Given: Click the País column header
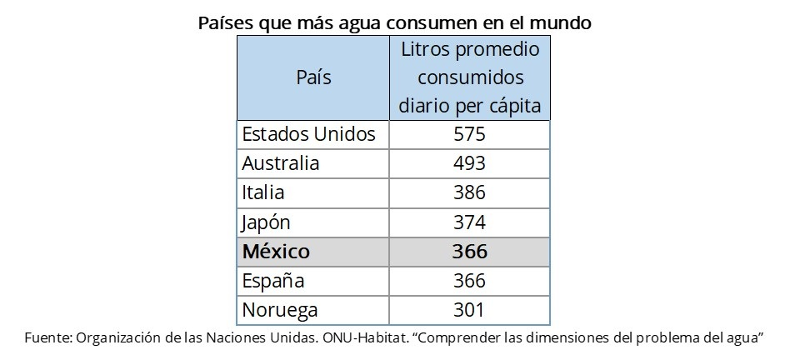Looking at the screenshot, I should (x=313, y=78).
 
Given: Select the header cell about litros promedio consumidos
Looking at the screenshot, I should (x=470, y=78).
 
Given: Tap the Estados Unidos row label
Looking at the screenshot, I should (x=308, y=134).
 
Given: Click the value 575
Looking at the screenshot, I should (x=470, y=134).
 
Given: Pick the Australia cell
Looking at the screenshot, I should (x=280, y=163).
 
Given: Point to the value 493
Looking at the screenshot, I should (x=470, y=163).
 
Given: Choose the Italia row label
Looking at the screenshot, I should (x=263, y=192).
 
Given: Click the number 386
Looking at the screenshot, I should (x=470, y=192).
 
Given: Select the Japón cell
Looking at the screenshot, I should (x=267, y=222).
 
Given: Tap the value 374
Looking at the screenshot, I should (x=470, y=222).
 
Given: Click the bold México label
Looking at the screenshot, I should (x=276, y=252).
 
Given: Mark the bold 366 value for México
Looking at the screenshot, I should (x=470, y=252).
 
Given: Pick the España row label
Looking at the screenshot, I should (x=272, y=281).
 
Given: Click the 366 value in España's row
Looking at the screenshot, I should (x=470, y=281).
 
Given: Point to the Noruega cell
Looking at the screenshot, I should (x=279, y=310).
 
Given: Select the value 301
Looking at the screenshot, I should (x=470, y=310).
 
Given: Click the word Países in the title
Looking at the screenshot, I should (x=225, y=22).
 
